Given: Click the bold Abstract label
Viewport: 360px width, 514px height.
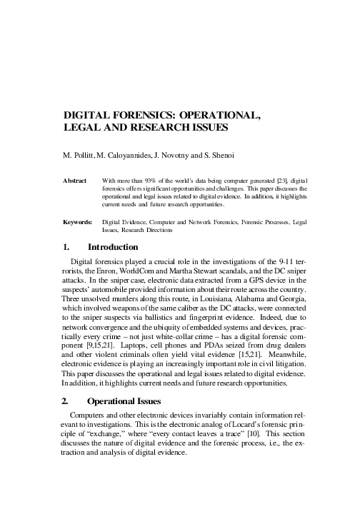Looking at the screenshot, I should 75,181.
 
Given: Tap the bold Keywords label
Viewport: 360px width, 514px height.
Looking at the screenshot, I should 77,222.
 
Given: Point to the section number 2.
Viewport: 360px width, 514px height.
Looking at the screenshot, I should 68,400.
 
